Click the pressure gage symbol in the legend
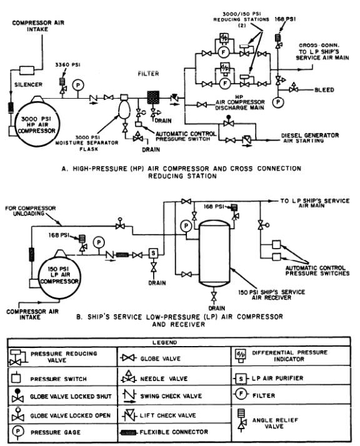click(16, 432)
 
